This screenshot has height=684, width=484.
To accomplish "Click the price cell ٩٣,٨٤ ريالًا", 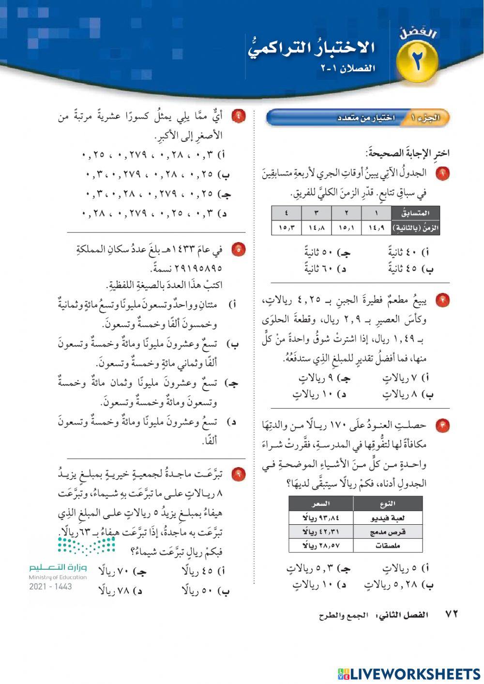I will [x=321, y=518].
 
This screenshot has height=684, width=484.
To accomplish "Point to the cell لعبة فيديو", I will [x=388, y=518].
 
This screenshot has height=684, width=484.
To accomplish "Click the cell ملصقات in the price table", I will [x=388, y=546].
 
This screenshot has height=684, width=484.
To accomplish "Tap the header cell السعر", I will [x=321, y=504].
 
